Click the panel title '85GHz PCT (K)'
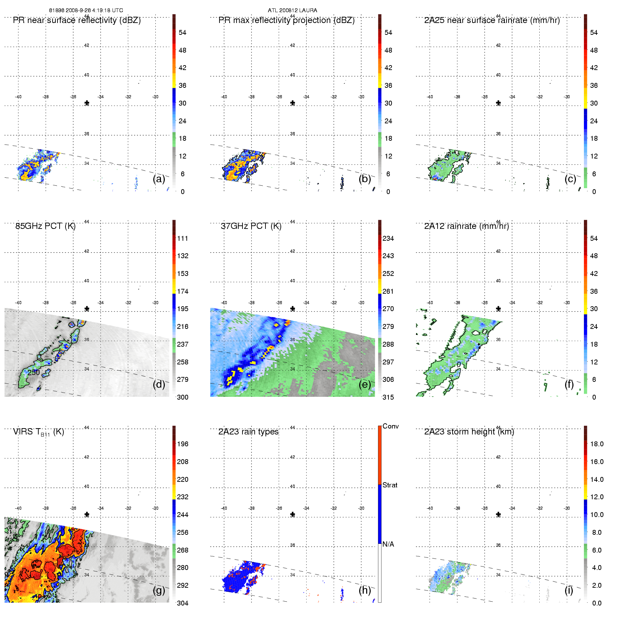(45, 226)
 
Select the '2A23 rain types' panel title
(248, 432)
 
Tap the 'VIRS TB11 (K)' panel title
(38, 432)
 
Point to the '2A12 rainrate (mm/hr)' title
(466, 226)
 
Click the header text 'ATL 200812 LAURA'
(292, 10)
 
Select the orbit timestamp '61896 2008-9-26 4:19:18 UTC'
(86, 10)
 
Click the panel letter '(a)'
(159, 179)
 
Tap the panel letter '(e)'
(365, 384)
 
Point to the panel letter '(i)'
(569, 590)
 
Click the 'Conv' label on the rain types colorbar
(391, 426)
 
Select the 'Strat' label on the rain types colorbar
(390, 485)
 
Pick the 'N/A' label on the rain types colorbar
(388, 544)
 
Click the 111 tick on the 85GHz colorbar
(183, 238)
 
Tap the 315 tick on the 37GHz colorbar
(388, 397)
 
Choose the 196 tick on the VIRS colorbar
(183, 444)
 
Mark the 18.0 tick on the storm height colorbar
(597, 444)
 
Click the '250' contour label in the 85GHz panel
(34, 372)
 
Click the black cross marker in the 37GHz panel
(293, 308)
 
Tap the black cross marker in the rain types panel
(293, 514)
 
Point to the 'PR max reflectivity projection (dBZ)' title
(286, 20)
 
